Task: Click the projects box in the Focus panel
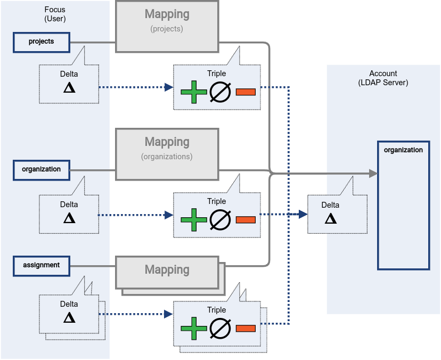click(x=42, y=42)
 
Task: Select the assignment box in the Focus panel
click(x=42, y=265)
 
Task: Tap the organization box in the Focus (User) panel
click(x=42, y=170)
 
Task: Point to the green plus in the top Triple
click(x=193, y=92)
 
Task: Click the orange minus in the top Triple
click(x=245, y=92)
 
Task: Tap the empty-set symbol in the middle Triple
click(x=219, y=219)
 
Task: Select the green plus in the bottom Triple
click(x=193, y=328)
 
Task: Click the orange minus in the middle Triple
click(x=245, y=219)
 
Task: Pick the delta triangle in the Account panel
click(x=331, y=219)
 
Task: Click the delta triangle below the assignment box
click(x=69, y=318)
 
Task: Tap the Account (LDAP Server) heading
click(x=383, y=78)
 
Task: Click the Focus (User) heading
click(x=55, y=14)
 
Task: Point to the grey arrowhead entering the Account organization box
click(x=373, y=173)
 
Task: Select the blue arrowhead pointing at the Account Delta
click(x=303, y=215)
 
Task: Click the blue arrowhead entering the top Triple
click(x=169, y=87)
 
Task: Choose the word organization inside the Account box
click(x=403, y=150)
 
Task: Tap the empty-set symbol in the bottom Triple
click(x=219, y=328)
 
